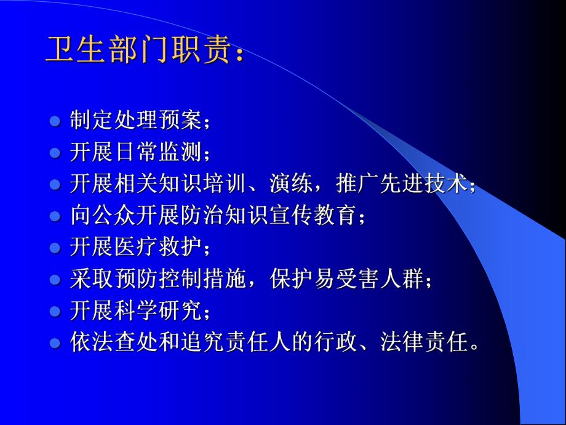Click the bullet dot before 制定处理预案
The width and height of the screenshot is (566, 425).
click(x=55, y=119)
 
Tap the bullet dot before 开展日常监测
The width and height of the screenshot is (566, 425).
click(x=55, y=152)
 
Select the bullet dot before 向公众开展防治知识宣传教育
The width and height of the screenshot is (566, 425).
click(x=55, y=216)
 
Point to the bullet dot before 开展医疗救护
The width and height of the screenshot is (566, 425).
click(x=55, y=248)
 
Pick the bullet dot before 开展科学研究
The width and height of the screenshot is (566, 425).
click(x=55, y=312)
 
